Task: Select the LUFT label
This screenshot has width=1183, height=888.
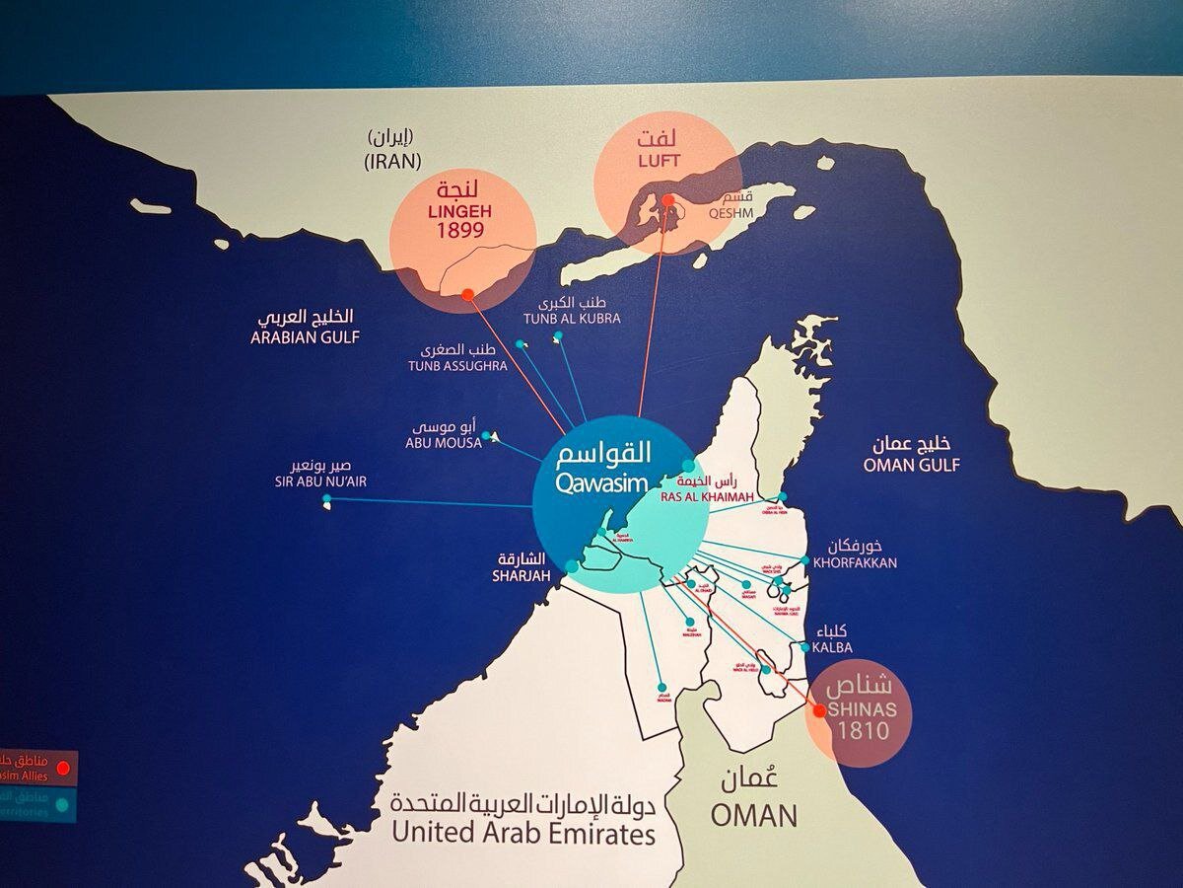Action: coord(659,159)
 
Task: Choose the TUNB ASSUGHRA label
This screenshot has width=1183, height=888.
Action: coord(457,366)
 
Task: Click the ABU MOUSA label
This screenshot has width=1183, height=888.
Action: coord(444,443)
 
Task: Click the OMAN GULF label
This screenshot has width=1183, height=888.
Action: coord(912,465)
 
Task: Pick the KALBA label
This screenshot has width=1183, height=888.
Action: coord(833,647)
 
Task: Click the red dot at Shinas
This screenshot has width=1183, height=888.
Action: coord(819,710)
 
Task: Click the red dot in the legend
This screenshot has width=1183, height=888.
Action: coord(63,767)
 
